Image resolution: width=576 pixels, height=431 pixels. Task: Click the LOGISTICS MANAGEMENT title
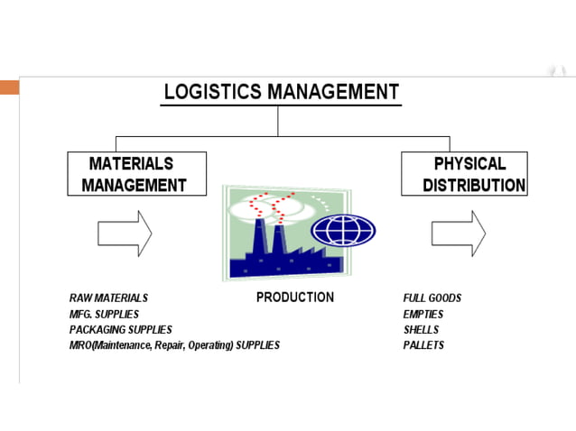click(281, 91)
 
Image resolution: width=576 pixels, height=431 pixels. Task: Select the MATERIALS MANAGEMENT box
click(136, 174)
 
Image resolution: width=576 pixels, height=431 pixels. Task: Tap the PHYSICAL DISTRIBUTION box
click(464, 174)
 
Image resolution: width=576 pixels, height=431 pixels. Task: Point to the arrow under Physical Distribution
click(458, 233)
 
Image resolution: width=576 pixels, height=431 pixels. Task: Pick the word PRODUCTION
click(294, 297)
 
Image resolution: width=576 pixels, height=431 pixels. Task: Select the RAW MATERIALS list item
click(108, 298)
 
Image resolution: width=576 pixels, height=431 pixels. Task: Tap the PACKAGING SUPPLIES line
click(120, 330)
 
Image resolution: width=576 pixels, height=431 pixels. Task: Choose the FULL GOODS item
click(432, 298)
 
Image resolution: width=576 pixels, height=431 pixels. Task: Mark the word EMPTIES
click(423, 314)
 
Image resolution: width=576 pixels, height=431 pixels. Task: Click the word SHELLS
click(421, 330)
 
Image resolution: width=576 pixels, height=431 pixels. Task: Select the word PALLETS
click(423, 345)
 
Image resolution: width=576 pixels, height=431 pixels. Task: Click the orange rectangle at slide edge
click(9, 87)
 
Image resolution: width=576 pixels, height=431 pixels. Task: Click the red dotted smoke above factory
click(270, 203)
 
